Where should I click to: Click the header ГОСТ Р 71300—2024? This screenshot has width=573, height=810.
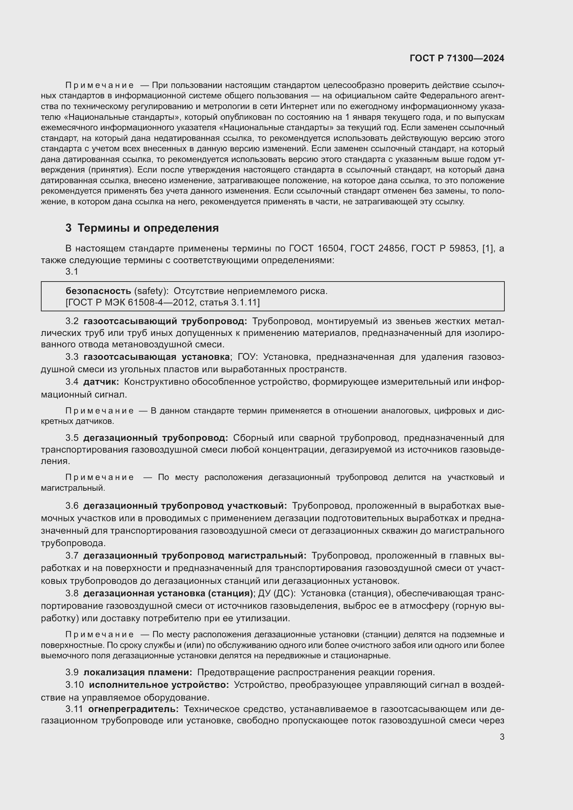tap(457, 59)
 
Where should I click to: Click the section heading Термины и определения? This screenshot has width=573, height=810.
tap(148, 228)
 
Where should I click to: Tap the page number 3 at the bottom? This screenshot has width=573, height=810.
tap(502, 737)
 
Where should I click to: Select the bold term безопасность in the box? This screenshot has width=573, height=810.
tap(98, 291)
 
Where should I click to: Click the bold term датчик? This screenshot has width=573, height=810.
tap(101, 382)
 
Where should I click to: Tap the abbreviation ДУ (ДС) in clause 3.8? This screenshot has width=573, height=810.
tap(276, 594)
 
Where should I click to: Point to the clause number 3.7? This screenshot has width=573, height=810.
tap(72, 555)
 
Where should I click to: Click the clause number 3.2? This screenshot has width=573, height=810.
tap(72, 321)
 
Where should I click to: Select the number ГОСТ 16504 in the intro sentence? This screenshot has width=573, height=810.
tap(316, 249)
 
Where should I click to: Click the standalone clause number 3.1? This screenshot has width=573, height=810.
tap(72, 271)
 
